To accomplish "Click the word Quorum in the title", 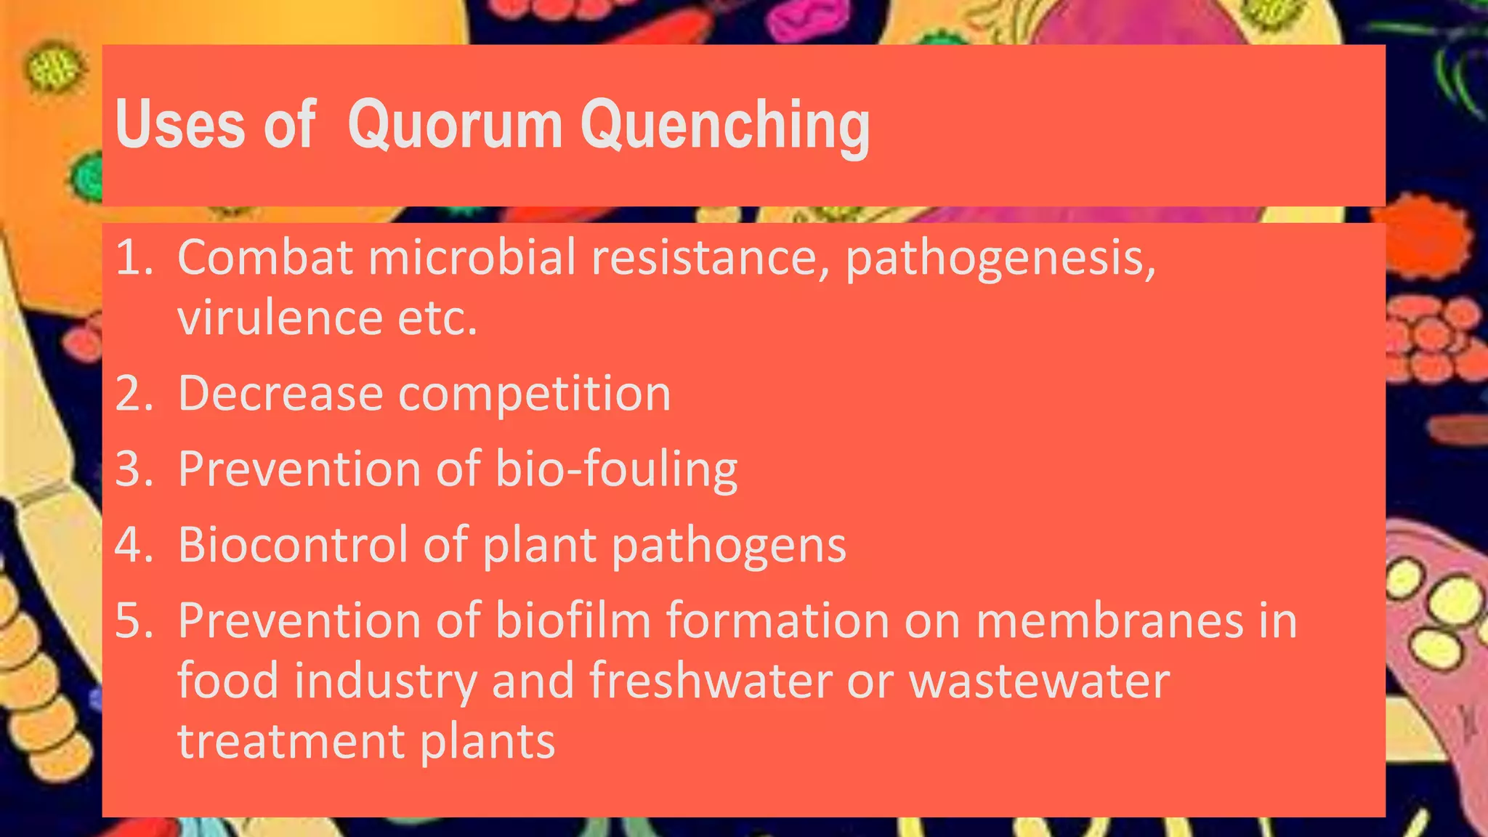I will coord(455,125).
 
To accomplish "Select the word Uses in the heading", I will coord(179,125).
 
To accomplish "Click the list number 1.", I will coord(133,257).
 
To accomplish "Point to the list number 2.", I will coord(133,394).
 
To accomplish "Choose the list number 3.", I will coord(133,469).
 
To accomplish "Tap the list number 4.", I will coord(133,545).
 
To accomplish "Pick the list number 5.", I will coord(133,621).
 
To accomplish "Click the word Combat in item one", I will coord(265,257).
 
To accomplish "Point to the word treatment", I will coord(291,743).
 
